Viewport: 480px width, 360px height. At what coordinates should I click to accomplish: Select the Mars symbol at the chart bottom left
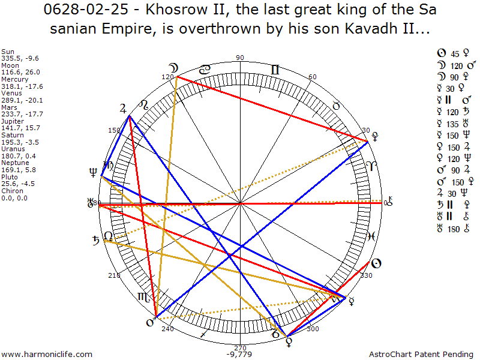(x=151, y=323)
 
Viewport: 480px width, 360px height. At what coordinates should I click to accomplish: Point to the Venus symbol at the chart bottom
(x=289, y=343)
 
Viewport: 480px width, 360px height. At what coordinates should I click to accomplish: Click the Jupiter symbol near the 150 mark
(x=124, y=109)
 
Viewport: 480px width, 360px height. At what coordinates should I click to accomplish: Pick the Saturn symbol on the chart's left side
(x=95, y=242)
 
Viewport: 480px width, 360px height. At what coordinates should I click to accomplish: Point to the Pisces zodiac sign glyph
(x=371, y=236)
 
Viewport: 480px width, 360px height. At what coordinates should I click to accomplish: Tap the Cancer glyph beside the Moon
(x=205, y=70)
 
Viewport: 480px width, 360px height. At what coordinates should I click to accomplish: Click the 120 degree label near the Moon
(x=167, y=77)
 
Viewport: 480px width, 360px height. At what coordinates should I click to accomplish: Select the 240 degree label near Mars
(x=167, y=329)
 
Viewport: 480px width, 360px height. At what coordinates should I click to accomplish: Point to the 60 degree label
(x=312, y=77)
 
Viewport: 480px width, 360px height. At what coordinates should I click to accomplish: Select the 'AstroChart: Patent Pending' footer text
(x=422, y=355)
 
